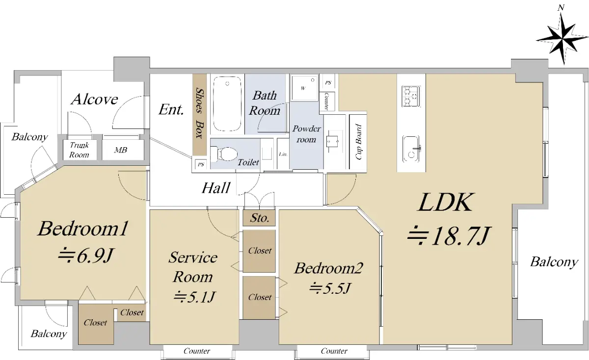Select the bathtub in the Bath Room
(x=227, y=104)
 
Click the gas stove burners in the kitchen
(x=410, y=96)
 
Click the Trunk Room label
(x=79, y=150)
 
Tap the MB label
(x=121, y=150)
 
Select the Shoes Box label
(x=200, y=113)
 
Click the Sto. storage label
(x=260, y=218)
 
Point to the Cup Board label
(x=358, y=142)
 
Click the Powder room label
(x=306, y=134)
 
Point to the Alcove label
(x=94, y=100)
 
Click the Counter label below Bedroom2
(x=334, y=351)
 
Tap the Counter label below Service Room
(x=197, y=351)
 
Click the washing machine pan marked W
(x=305, y=88)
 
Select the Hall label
(x=216, y=188)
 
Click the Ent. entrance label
(x=171, y=109)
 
